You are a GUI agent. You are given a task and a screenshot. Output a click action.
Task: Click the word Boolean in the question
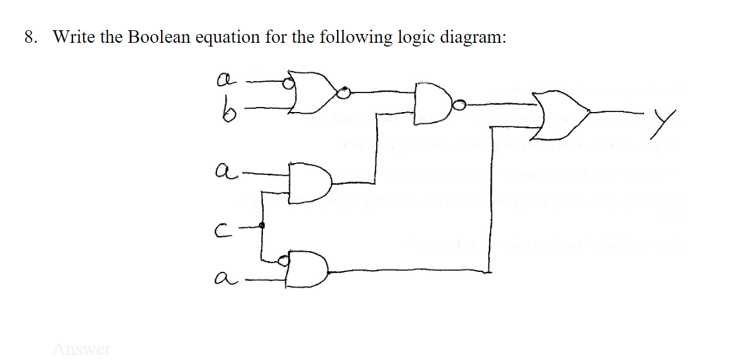[x=159, y=37]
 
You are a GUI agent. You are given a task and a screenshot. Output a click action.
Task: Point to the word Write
[x=73, y=37]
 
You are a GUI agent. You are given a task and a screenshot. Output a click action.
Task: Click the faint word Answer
[x=82, y=348]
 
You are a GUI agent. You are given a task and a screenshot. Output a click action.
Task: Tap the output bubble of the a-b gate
[x=343, y=94]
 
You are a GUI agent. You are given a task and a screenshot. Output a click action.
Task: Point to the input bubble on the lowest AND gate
[x=283, y=259]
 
